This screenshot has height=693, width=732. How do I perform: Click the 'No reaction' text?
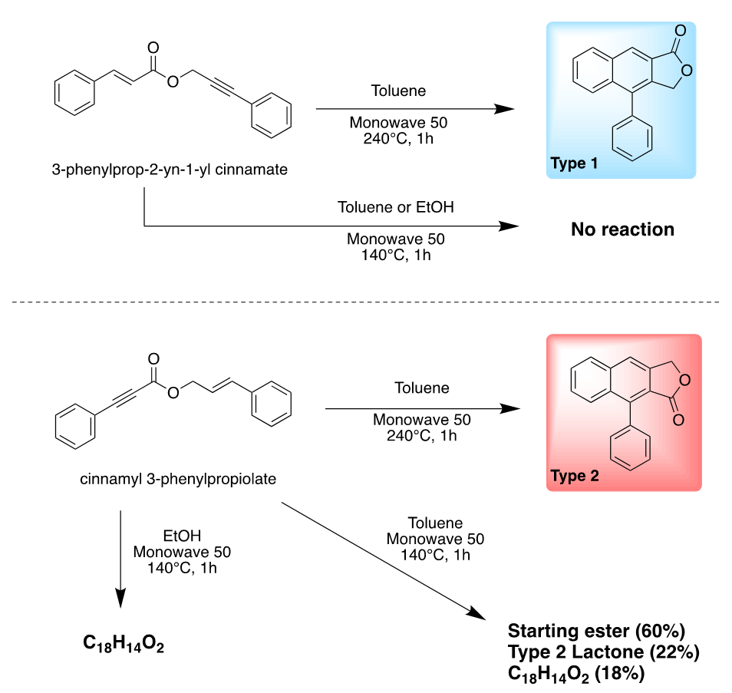point(622,229)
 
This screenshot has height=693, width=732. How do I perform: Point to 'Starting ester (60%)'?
point(595,632)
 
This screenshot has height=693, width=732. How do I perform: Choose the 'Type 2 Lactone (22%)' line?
point(603,653)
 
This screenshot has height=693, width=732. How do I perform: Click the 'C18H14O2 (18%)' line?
point(575,675)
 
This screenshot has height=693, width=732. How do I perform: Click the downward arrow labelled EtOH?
point(121,560)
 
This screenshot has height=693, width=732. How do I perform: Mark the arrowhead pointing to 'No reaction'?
point(509,226)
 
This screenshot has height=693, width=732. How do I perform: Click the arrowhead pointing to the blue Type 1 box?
point(504,109)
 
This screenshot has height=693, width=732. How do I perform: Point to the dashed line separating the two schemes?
point(366,302)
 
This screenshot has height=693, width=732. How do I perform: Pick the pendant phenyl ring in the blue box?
point(633,140)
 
